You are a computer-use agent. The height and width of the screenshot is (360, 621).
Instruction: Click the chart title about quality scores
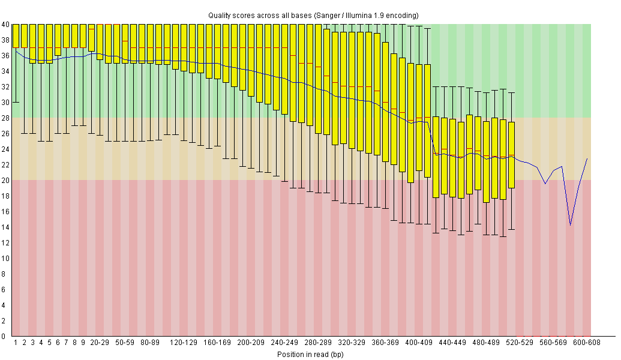point(313,15)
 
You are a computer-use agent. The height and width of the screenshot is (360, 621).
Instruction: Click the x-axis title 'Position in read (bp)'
point(310,354)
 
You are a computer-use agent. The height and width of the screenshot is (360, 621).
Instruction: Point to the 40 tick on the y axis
point(5,25)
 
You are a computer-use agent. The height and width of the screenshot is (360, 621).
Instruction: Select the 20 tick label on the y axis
point(5,180)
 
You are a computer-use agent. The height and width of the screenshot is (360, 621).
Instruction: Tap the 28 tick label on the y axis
point(5,118)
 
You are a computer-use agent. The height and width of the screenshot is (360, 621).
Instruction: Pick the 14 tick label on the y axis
point(5,227)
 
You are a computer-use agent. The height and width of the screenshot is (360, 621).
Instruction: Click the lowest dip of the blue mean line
point(570,224)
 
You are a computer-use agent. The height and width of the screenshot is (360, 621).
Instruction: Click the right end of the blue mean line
point(587,158)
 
